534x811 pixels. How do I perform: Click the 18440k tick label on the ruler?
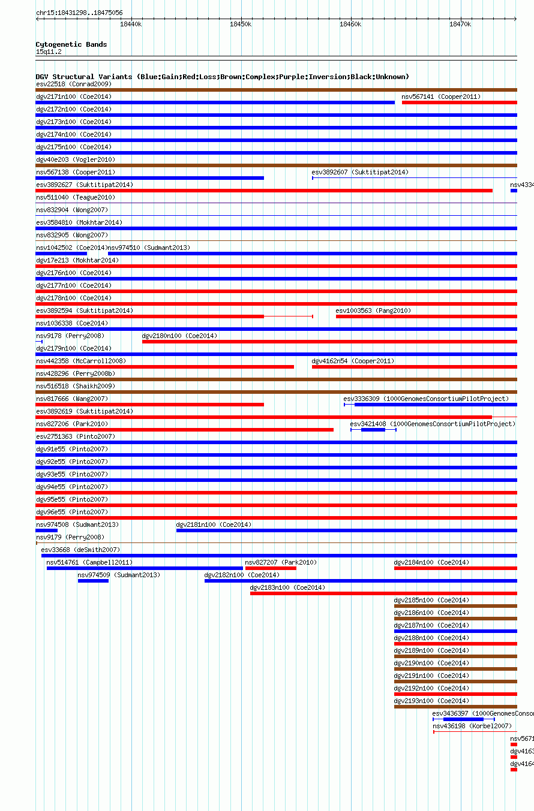click(x=130, y=25)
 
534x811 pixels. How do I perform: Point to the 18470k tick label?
click(x=460, y=25)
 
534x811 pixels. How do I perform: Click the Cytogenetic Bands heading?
click(x=71, y=44)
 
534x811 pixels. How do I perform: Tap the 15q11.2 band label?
click(x=49, y=52)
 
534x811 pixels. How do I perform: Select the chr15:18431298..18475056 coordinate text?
click(x=79, y=13)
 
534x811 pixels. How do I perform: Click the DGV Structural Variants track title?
click(x=222, y=77)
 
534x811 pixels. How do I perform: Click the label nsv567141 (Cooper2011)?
click(x=441, y=97)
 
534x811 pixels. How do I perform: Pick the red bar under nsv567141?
click(x=459, y=102)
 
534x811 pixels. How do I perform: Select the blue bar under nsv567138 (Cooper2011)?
click(x=149, y=178)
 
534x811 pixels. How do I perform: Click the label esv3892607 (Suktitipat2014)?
click(x=359, y=172)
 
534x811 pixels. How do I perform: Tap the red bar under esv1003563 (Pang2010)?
click(x=426, y=316)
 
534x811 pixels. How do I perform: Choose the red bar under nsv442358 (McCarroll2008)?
click(x=164, y=367)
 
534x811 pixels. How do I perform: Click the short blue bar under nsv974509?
click(x=93, y=581)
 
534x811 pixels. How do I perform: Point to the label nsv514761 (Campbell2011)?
click(x=89, y=562)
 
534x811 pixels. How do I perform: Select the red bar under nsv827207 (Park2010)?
click(x=271, y=568)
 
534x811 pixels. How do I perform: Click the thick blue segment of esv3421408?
click(x=373, y=430)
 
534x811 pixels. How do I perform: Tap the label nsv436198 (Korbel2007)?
click(x=472, y=726)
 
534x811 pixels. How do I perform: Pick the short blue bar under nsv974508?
click(x=46, y=530)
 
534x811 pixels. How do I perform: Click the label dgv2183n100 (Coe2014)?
click(x=287, y=587)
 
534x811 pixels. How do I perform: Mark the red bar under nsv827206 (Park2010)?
click(x=184, y=430)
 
